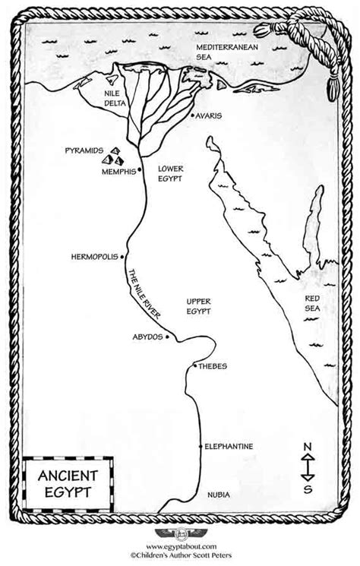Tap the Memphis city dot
[x=138, y=171]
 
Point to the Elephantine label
[x=229, y=446]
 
